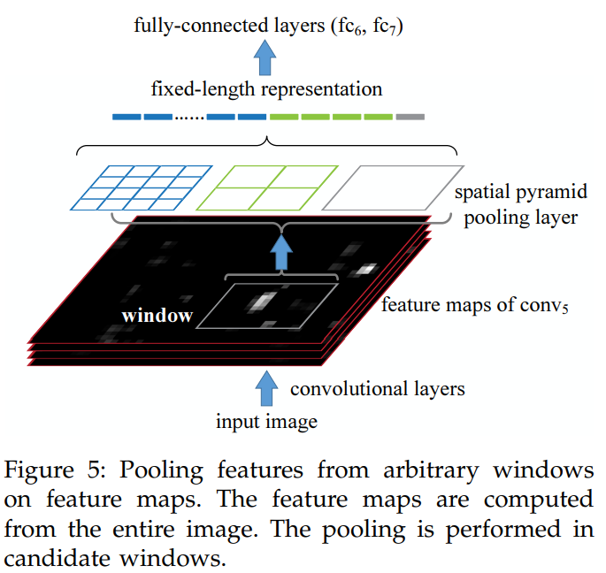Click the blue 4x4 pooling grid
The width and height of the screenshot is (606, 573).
[142, 187]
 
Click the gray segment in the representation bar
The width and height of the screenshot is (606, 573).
[410, 117]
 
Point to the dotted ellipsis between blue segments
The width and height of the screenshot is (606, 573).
[189, 118]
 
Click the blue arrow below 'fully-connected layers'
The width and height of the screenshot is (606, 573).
[265, 57]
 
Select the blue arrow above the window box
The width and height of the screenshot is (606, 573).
[281, 251]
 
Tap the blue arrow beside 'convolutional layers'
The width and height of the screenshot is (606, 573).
[266, 388]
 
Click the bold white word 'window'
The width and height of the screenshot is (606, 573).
[157, 316]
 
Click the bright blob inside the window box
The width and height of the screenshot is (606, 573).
[262, 301]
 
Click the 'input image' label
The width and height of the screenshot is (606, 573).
[266, 421]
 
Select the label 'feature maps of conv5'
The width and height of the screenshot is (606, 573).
[475, 305]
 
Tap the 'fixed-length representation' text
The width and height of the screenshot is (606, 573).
[266, 89]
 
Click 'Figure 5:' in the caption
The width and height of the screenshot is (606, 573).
[55, 470]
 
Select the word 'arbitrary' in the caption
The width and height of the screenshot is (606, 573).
[431, 470]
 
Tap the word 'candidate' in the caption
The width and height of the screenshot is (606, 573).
[57, 558]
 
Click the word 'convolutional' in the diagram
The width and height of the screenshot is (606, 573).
[349, 388]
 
